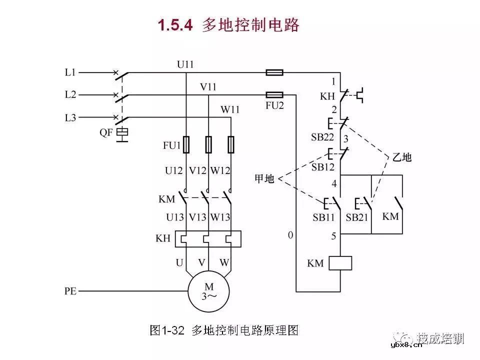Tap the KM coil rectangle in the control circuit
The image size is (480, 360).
(x=340, y=263)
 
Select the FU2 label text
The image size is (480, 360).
(x=274, y=105)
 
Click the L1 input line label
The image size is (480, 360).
(x=70, y=72)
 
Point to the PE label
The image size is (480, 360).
(x=70, y=290)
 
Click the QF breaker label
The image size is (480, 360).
(x=106, y=133)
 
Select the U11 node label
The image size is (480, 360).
(x=185, y=64)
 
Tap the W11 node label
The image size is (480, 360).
(x=230, y=109)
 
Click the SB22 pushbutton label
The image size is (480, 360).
(x=323, y=137)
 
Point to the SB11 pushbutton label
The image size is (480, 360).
(x=323, y=217)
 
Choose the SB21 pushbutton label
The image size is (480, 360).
(x=357, y=217)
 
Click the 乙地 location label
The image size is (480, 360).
(x=401, y=157)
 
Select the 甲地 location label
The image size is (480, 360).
(x=264, y=178)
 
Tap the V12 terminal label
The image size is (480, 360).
(x=197, y=170)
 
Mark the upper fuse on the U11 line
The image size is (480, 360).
(x=274, y=72)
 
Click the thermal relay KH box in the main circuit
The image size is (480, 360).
(x=207, y=238)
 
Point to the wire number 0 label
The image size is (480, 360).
(x=290, y=235)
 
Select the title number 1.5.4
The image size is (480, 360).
(x=175, y=25)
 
